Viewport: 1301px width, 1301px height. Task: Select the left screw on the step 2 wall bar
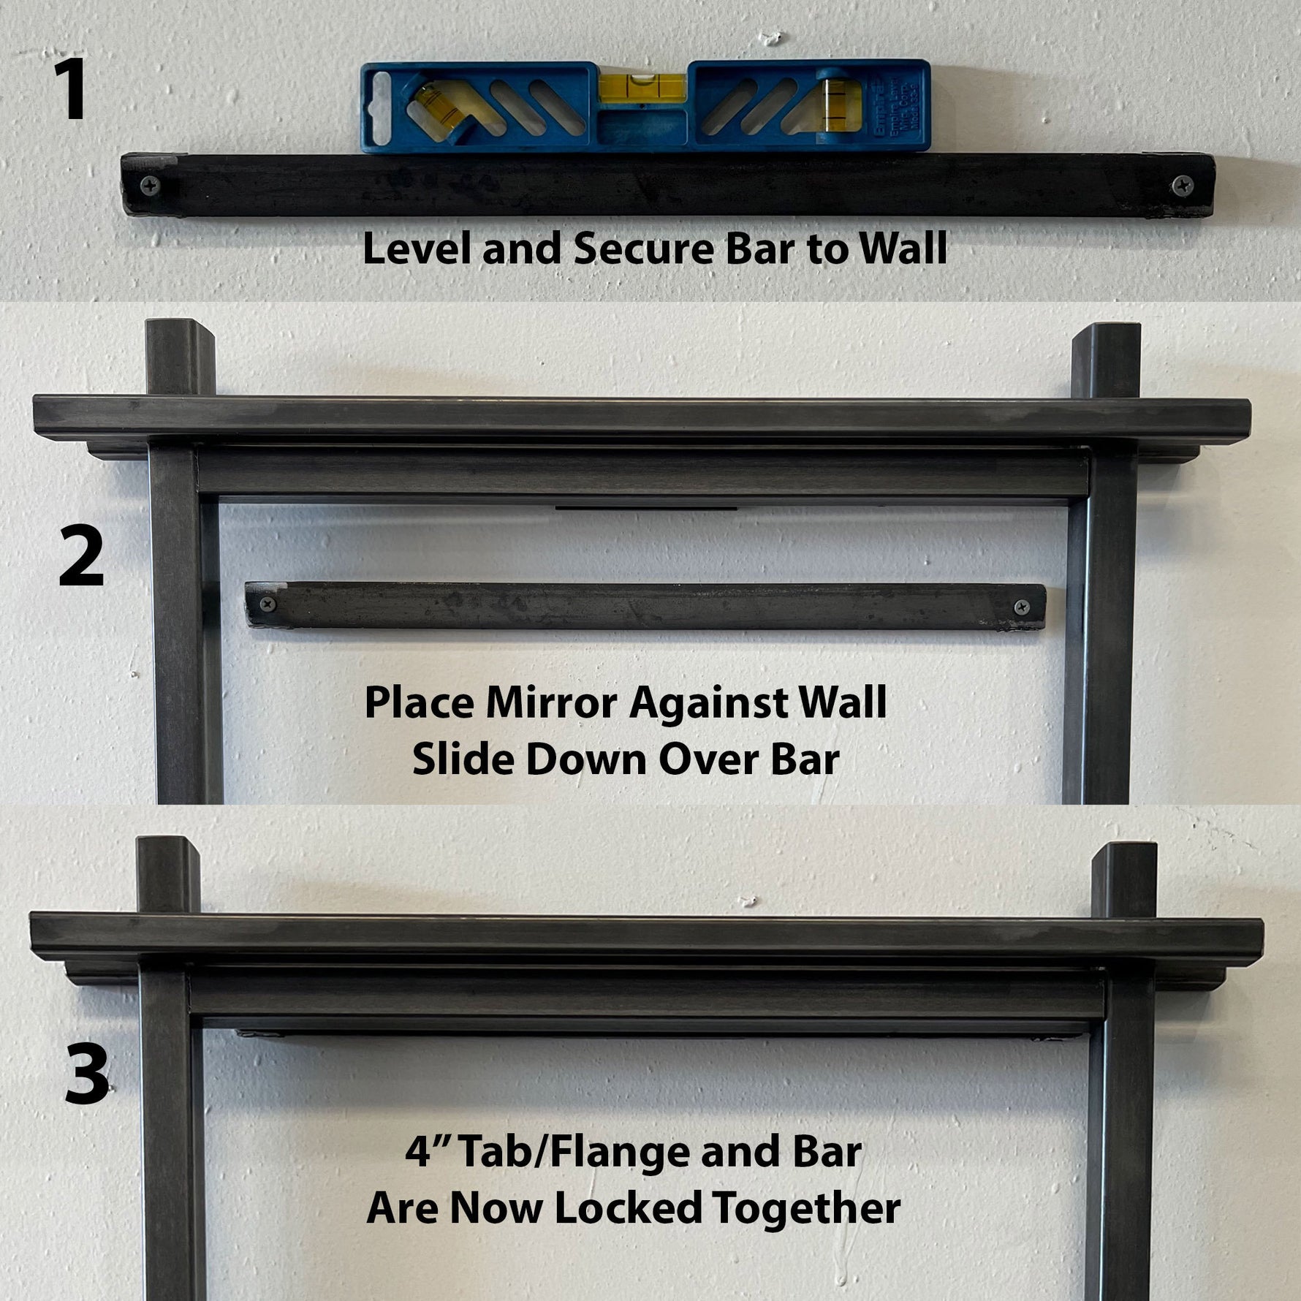coord(268,604)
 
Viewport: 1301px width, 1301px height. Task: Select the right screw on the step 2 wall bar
coord(1022,606)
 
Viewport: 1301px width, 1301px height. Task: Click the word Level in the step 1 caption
coord(417,249)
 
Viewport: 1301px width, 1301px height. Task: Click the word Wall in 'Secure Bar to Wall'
coord(903,249)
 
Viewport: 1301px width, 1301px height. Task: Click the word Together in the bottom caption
coord(806,1208)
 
